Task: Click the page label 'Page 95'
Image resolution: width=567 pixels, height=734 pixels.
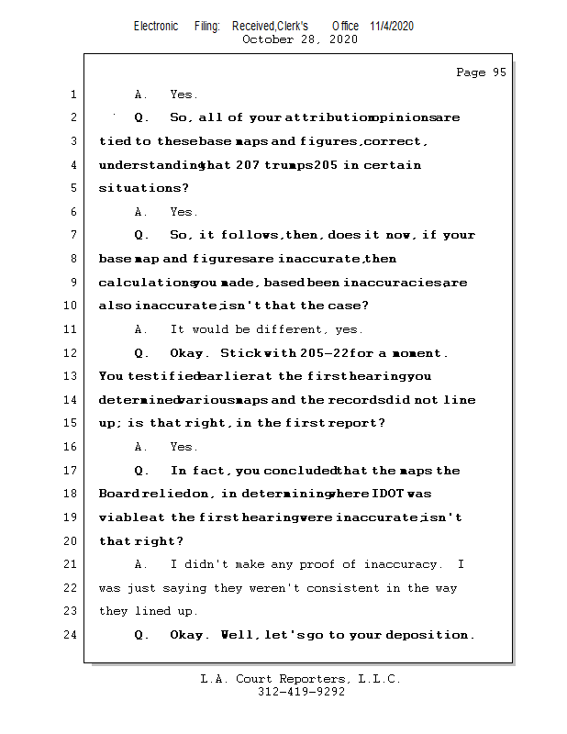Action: [481, 72]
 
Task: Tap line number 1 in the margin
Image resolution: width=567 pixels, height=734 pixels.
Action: [72, 95]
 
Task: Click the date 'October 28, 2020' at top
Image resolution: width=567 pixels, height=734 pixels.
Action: [299, 39]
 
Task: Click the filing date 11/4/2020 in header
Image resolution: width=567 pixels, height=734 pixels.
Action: [392, 26]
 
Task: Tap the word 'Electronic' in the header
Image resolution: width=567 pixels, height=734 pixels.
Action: [156, 26]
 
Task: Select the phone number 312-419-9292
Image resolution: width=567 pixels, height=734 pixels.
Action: [301, 693]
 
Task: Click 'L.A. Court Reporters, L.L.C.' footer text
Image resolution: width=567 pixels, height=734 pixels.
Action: [301, 679]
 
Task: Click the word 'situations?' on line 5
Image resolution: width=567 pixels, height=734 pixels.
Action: [135, 188]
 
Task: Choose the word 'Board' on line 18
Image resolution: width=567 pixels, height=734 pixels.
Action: [118, 494]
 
